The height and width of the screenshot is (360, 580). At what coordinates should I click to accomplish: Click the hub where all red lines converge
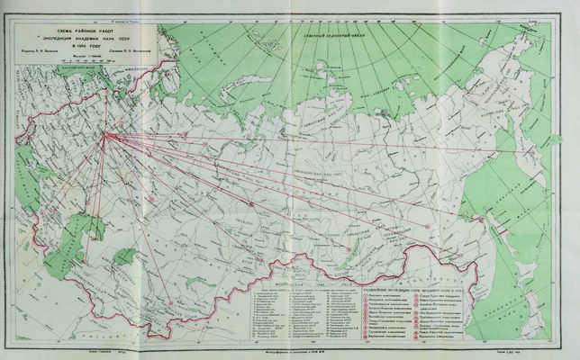[x=104, y=135]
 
